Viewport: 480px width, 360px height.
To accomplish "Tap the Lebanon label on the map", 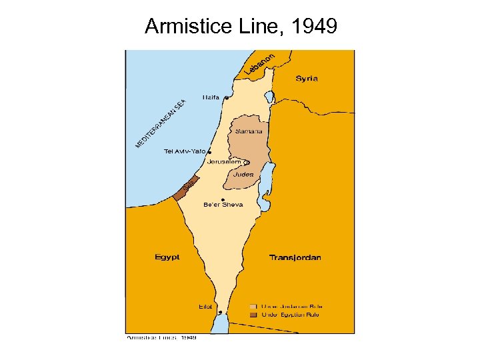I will point(259,63).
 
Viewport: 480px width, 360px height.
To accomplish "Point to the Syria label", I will point(307,79).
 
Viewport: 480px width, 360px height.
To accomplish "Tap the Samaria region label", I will point(249,131).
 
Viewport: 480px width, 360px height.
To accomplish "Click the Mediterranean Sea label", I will point(160,124).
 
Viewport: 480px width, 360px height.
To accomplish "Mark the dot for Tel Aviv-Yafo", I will point(210,152).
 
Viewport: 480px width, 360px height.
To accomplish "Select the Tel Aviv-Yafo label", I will point(185,151).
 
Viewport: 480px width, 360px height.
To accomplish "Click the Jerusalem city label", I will point(224,162).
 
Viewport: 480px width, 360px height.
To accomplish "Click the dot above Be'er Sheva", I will point(222,199).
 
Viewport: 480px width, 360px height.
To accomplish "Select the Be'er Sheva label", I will point(223,205).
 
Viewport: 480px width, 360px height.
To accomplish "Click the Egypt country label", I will point(167,257).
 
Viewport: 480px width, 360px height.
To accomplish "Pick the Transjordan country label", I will point(295,257).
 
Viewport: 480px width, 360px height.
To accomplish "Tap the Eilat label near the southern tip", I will point(205,307).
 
